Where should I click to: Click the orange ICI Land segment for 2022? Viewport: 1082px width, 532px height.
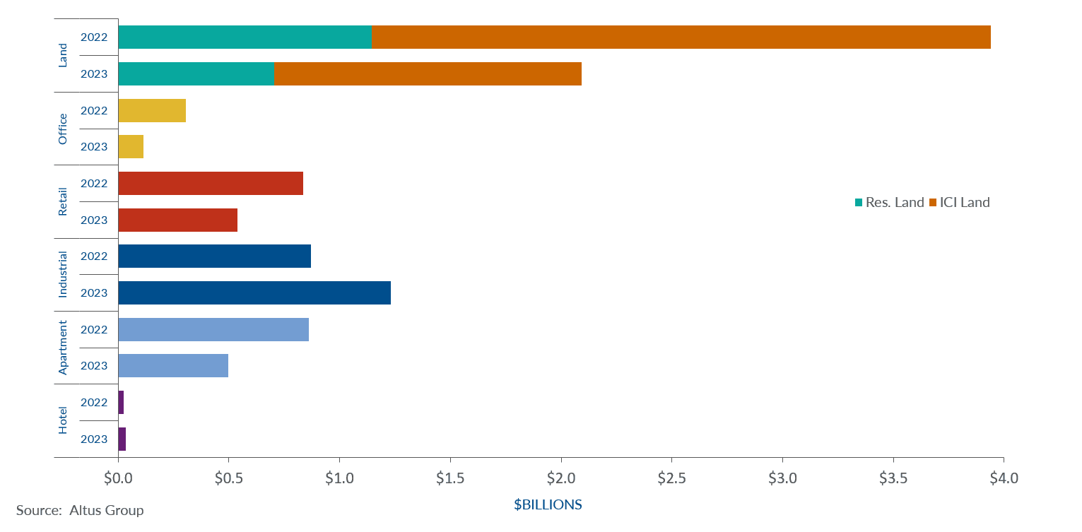click(x=681, y=37)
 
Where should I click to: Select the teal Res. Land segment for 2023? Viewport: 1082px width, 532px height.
click(x=196, y=73)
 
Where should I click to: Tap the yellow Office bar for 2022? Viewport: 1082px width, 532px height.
click(x=152, y=110)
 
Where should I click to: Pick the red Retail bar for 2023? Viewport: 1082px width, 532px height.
click(x=177, y=220)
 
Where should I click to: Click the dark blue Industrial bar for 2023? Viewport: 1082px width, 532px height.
click(x=254, y=292)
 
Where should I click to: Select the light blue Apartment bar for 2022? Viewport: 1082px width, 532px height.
click(x=213, y=329)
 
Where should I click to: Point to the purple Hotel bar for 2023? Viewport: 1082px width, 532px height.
click(x=122, y=439)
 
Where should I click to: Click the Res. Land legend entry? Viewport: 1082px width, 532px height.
click(x=889, y=203)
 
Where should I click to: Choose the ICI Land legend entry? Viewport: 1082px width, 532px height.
click(x=959, y=203)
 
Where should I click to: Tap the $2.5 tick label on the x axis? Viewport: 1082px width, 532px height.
click(x=671, y=478)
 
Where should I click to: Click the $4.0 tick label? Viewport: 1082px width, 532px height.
click(x=1003, y=478)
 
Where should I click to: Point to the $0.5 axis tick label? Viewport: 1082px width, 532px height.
click(x=228, y=478)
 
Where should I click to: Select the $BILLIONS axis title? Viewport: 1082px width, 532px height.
click(x=548, y=505)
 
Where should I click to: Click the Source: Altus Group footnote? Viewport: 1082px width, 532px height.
click(x=80, y=510)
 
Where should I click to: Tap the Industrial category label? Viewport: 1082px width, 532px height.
click(x=63, y=274)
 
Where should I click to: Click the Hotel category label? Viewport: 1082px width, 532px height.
click(x=63, y=420)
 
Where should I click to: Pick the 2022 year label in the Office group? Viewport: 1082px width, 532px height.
click(x=94, y=110)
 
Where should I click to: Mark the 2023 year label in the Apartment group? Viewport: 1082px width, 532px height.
click(x=94, y=366)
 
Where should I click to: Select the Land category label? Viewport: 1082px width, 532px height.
click(x=63, y=55)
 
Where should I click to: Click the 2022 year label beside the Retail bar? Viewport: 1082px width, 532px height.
click(x=94, y=183)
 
